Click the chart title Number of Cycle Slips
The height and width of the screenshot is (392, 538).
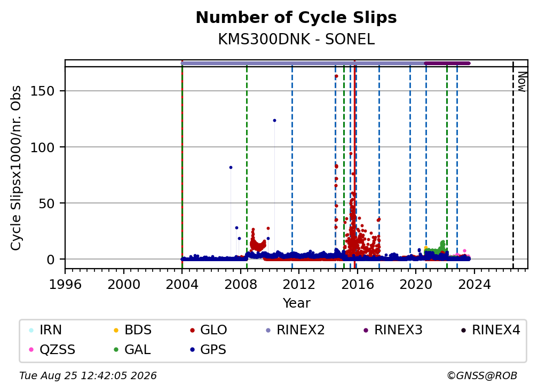(x=296, y=18)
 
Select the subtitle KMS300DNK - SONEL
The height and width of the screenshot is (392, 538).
(x=296, y=40)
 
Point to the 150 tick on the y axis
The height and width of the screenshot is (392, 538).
(x=43, y=91)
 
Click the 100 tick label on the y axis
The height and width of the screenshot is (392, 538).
(x=43, y=147)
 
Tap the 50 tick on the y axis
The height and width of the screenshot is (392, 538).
(x=46, y=203)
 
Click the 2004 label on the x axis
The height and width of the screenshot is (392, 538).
(x=182, y=284)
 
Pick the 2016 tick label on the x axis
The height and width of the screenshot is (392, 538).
(x=357, y=284)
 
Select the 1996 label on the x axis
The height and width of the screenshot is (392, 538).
(x=65, y=284)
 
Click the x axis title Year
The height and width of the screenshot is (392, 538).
(x=296, y=303)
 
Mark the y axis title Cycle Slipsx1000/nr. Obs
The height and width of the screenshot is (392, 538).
(x=16, y=168)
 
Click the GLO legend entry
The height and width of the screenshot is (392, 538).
(x=208, y=330)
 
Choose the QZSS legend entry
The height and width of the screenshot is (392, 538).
(x=52, y=350)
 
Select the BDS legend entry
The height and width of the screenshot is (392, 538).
(x=133, y=330)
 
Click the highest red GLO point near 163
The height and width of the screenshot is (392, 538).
(x=337, y=76)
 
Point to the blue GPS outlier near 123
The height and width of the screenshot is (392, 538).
(x=274, y=121)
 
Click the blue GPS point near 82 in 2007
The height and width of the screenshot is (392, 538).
(x=231, y=168)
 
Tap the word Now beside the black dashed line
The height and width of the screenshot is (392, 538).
(x=521, y=82)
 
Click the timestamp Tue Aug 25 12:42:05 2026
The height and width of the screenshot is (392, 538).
(x=88, y=376)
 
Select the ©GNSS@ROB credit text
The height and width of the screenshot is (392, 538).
(x=482, y=376)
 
